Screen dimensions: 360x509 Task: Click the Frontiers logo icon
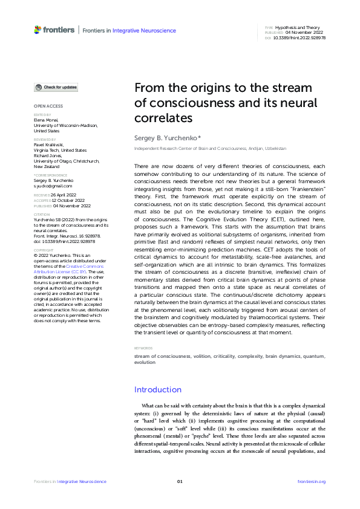(x=38, y=29)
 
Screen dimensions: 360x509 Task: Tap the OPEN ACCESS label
(x=48, y=106)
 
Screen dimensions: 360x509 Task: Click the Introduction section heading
(x=157, y=389)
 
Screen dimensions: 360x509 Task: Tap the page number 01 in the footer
(x=180, y=481)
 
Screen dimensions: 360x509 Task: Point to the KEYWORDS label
(x=143, y=348)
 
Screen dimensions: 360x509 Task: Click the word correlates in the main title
(x=163, y=117)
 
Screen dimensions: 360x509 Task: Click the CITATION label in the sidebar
(x=42, y=214)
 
